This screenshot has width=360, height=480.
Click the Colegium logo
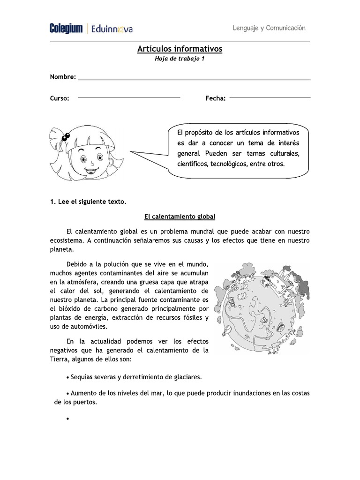point(67,29)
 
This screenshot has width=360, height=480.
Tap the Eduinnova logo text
point(112,29)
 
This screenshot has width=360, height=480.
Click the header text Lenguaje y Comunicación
point(269,28)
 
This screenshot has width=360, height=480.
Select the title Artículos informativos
point(180,49)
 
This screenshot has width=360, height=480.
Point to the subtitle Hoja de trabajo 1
point(180,59)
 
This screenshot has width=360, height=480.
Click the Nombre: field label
point(63,76)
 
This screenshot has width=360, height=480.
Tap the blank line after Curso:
point(129,97)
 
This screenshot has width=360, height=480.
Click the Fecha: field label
point(215,98)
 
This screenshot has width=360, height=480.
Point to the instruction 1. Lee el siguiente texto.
point(88,202)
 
